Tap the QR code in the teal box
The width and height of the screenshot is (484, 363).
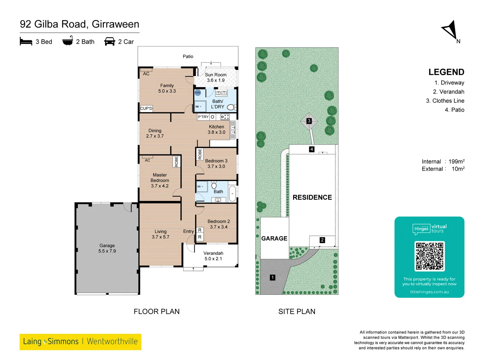click(x=430, y=256)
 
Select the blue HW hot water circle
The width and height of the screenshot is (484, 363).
click(x=198, y=93)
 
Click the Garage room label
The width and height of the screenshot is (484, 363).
click(x=107, y=248)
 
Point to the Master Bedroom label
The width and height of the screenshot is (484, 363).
click(x=160, y=180)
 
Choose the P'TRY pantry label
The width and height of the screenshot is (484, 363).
click(x=203, y=117)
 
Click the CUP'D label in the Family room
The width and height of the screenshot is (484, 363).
click(x=146, y=108)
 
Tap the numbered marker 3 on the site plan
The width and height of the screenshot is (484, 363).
click(x=309, y=121)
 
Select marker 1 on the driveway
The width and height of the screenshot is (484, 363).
click(x=273, y=277)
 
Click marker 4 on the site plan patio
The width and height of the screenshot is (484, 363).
click(x=312, y=149)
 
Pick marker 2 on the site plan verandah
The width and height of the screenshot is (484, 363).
click(x=322, y=240)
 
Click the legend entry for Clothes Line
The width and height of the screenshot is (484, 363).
click(x=445, y=101)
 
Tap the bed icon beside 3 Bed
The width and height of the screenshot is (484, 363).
click(x=26, y=41)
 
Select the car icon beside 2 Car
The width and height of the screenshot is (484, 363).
click(x=110, y=41)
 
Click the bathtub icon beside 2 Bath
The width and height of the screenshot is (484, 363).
click(x=68, y=41)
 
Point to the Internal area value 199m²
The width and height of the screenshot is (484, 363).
click(x=456, y=161)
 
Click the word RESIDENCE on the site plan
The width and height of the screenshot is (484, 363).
click(x=312, y=197)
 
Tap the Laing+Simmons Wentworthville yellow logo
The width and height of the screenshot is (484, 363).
click(x=80, y=341)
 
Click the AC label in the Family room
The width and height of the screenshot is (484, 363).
click(x=146, y=74)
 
